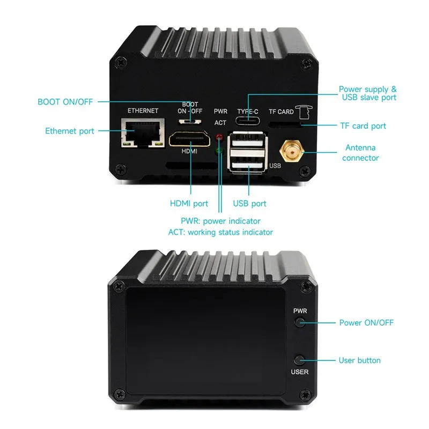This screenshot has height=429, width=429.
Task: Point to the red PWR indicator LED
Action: [219, 138]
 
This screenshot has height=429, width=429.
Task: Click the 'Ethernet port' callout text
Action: [70, 131]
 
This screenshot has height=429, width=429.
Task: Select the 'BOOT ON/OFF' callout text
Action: [65, 102]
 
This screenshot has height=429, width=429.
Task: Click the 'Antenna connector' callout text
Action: [360, 153]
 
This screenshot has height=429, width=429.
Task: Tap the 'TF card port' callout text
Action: [363, 126]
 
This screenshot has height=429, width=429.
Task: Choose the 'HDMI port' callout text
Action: [189, 204]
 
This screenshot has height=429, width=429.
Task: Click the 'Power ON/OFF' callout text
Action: [366, 323]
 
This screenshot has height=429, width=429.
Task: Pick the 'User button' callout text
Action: [360, 360]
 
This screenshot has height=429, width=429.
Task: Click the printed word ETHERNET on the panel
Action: [143, 111]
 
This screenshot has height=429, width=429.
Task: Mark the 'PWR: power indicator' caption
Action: [220, 221]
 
